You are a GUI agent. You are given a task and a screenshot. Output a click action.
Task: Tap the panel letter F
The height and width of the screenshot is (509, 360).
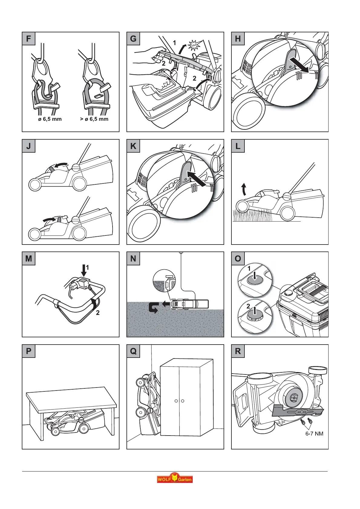coord(29,39)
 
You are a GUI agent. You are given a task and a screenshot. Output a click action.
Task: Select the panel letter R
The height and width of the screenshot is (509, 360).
coord(238,351)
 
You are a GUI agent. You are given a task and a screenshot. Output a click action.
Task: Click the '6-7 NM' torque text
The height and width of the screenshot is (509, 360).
coord(314,434)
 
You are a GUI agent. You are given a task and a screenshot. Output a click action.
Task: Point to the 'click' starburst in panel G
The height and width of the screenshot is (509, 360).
coord(194,45)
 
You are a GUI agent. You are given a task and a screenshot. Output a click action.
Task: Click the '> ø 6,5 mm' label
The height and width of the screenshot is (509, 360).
coord(94,119)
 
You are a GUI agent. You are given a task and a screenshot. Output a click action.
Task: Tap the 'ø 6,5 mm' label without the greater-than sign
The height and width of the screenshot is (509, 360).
coord(50,119)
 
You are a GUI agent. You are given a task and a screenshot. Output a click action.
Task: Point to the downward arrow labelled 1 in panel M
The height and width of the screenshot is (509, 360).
coord(84,270)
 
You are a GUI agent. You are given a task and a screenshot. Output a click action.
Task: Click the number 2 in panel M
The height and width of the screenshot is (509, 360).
coord(98,313)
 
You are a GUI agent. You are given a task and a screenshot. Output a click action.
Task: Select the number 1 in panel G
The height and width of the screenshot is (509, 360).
coord(175,43)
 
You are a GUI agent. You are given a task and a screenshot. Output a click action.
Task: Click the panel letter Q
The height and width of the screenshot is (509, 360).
coord(133,351)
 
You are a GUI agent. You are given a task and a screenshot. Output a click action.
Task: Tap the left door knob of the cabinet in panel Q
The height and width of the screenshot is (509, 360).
coord(176,401)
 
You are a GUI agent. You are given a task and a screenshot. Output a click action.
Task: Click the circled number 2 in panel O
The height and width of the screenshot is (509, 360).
coord(248,306)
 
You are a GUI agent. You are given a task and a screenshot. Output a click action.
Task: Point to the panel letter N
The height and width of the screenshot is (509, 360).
coord(133,259)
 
